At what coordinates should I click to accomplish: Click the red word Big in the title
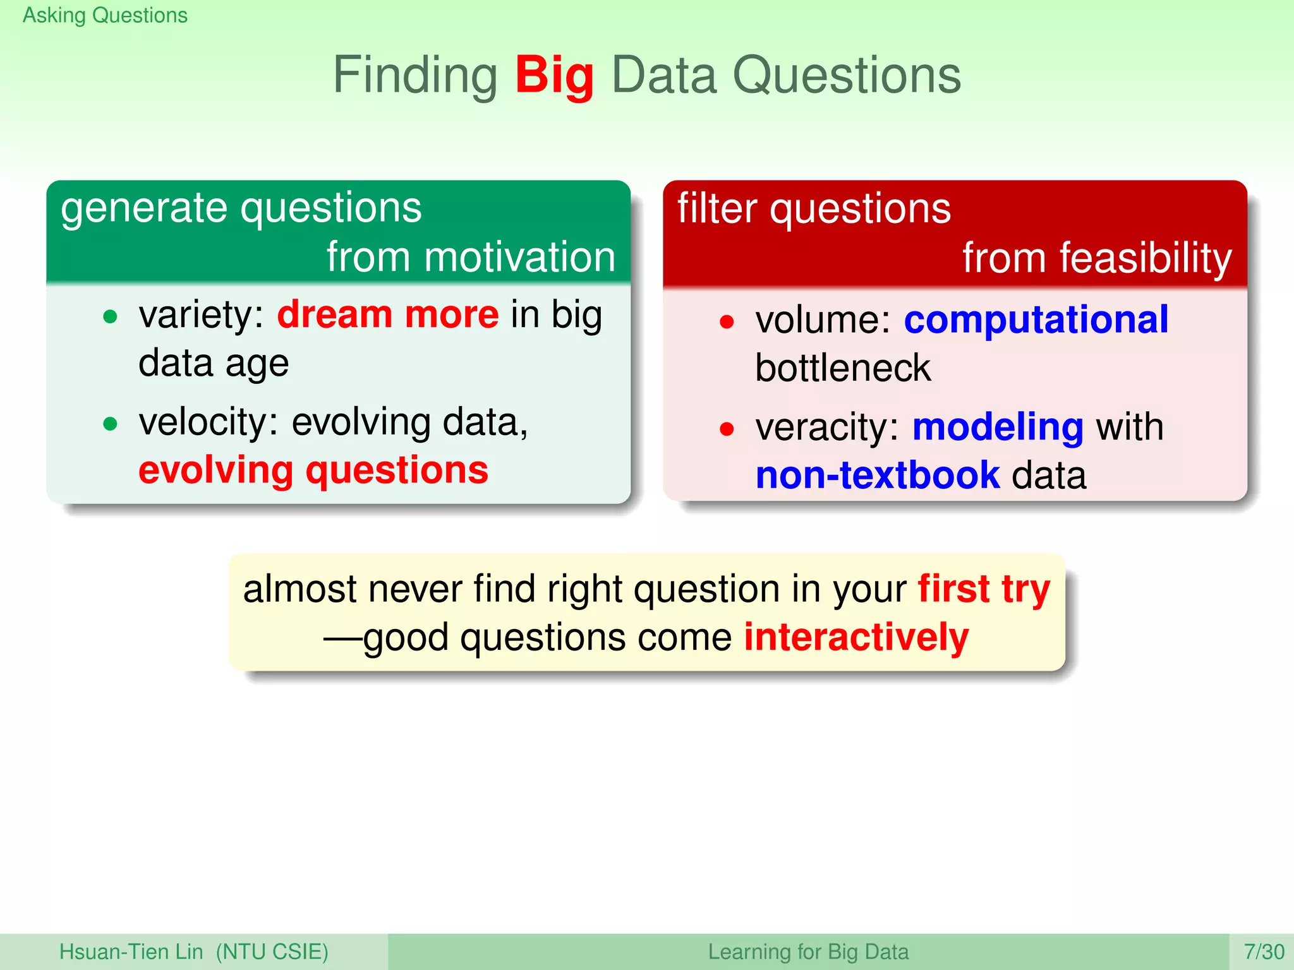pos(554,76)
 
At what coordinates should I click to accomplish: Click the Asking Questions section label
pos(105,15)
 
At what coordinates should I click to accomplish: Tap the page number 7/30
pos(1264,952)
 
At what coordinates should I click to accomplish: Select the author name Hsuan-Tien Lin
pos(131,952)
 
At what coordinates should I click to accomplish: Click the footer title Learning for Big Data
pos(807,952)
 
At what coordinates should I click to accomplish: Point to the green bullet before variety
pos(110,316)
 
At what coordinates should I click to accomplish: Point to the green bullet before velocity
pos(110,424)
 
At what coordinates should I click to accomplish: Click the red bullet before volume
pos(727,322)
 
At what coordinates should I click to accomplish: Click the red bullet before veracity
pos(727,429)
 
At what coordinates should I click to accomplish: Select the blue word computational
pos(1036,320)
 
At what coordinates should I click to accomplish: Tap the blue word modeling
pos(998,428)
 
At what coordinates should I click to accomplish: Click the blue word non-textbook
pos(878,476)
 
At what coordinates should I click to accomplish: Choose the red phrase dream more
pos(388,314)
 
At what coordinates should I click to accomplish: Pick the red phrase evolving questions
pos(313,470)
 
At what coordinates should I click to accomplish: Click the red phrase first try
pos(984,589)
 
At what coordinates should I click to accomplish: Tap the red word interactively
pos(856,637)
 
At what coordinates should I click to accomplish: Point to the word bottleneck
pos(843,369)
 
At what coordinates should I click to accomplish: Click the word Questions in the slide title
pos(846,76)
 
